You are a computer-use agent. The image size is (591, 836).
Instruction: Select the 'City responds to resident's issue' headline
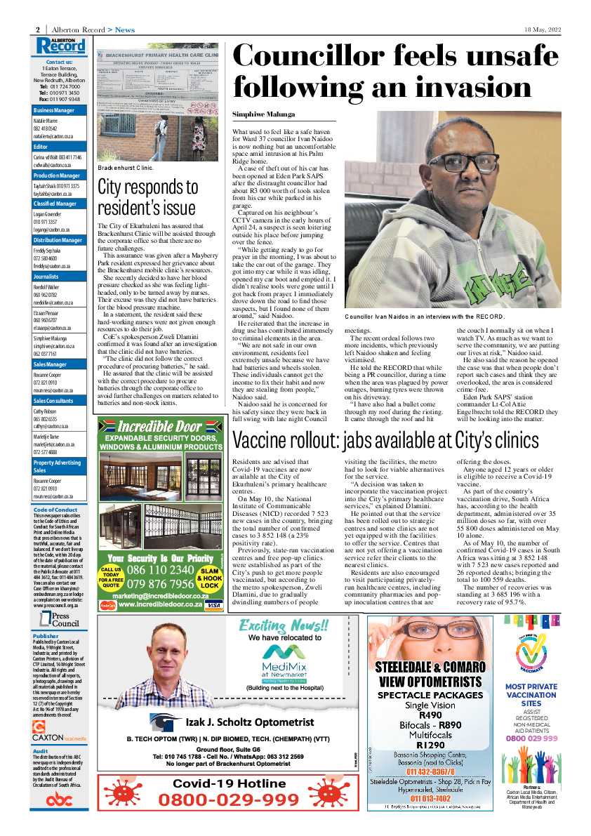148,197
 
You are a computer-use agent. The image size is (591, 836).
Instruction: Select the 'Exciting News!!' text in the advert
284,625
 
